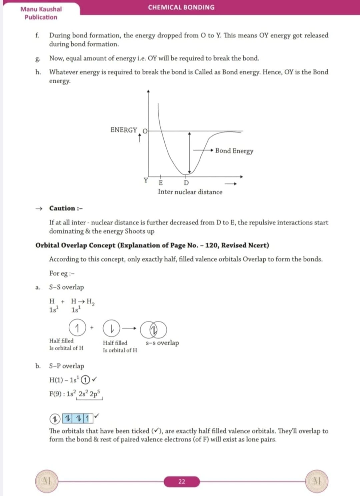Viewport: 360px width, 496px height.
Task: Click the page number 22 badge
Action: coord(182,482)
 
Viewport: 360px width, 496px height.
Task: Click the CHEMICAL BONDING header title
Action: coord(181,7)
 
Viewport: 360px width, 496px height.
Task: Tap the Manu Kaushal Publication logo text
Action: coord(41,13)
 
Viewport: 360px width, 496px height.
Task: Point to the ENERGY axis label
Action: coord(124,130)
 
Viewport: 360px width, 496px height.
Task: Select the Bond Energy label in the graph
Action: coord(234,151)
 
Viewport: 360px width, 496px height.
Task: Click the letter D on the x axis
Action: coord(186,183)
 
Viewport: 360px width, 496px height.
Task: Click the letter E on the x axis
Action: coord(161,183)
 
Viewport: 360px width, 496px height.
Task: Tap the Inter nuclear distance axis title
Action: coord(190,192)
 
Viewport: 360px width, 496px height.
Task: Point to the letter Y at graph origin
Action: coord(146,181)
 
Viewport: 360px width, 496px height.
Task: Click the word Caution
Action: coord(62,208)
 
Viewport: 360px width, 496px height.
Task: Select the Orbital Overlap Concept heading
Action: coord(152,245)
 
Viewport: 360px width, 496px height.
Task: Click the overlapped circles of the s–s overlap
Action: coord(153,329)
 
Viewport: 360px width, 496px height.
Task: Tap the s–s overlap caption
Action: coord(162,343)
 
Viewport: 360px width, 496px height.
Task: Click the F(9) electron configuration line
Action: coord(75,394)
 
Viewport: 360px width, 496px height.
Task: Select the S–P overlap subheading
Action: coord(67,366)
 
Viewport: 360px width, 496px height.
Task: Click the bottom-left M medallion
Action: coord(47,481)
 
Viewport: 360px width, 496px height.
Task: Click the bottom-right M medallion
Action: coord(317,481)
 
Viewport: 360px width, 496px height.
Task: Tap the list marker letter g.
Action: coord(38,59)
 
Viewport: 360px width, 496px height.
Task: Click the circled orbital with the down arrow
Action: coord(111,329)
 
